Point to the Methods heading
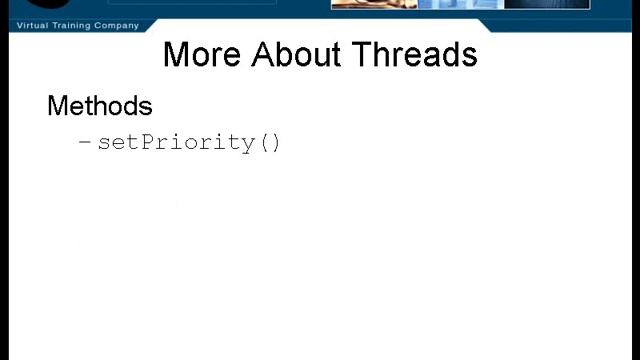[x=100, y=106]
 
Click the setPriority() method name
[x=189, y=142]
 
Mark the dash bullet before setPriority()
[x=85, y=142]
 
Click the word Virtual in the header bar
[x=35, y=25]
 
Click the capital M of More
[x=177, y=54]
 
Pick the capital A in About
[x=266, y=54]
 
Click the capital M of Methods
[x=58, y=106]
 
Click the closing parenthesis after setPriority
[x=276, y=142]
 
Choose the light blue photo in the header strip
[x=460, y=4]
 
